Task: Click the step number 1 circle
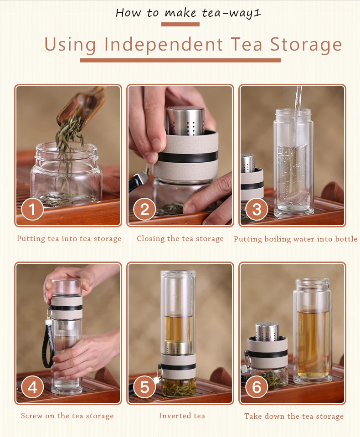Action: (x=32, y=209)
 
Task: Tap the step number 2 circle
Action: (x=144, y=209)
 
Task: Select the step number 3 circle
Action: (x=257, y=209)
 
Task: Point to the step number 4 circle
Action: (x=32, y=387)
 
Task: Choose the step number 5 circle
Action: (x=144, y=387)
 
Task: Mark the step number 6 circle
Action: (x=257, y=387)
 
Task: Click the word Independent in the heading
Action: (x=164, y=45)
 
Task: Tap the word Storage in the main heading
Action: (x=306, y=45)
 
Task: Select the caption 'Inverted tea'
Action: (x=182, y=416)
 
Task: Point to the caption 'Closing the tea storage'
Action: (x=180, y=239)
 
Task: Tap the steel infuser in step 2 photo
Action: (x=185, y=121)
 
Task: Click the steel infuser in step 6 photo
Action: (x=267, y=332)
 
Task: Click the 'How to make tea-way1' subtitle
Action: (x=188, y=13)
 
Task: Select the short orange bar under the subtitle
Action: (x=180, y=25)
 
